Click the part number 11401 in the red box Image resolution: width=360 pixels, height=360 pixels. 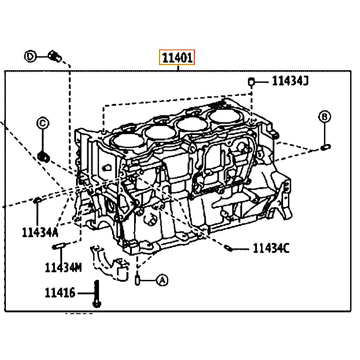pos(177,58)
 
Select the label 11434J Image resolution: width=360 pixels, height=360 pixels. pos(290,81)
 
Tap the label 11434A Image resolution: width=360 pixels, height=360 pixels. pos(40,232)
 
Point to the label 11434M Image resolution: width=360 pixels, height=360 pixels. pos(63,267)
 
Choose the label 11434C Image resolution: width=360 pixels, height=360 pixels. pos(271,248)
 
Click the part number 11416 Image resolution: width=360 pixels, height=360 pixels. pos(60,293)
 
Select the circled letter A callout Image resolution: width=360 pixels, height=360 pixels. pos(162,280)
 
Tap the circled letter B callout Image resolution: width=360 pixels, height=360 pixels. pos(324,117)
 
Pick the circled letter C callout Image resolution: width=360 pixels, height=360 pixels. pos(43,123)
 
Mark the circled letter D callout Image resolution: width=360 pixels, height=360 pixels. pos(30,56)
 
